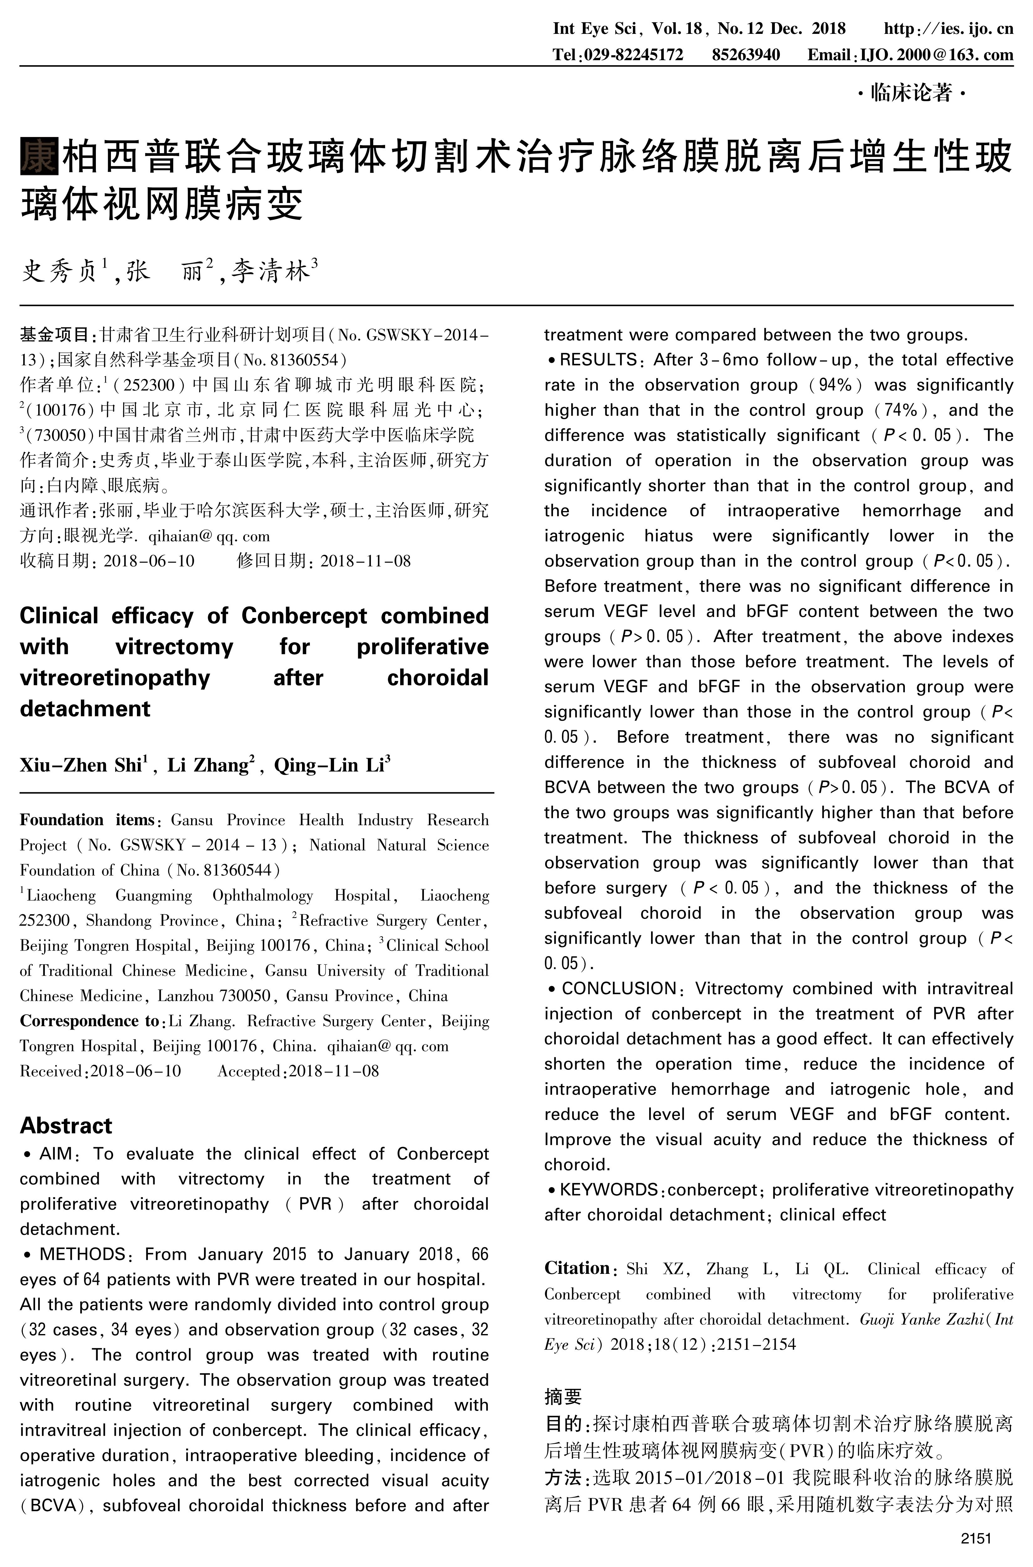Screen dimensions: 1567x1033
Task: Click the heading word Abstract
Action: [66, 1125]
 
